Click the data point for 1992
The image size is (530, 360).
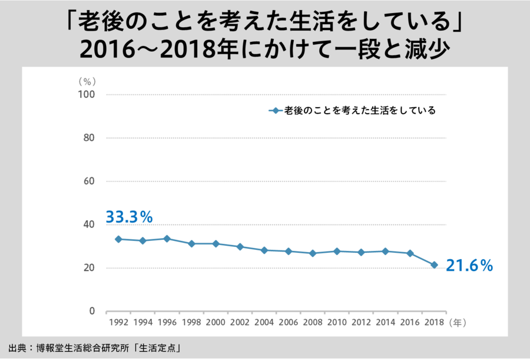(118, 239)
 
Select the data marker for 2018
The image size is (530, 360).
(434, 265)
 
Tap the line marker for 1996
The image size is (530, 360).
(167, 239)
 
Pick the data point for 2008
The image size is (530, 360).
(313, 253)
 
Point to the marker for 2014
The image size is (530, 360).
(385, 251)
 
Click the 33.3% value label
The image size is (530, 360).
(129, 217)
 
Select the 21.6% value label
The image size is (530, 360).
(469, 266)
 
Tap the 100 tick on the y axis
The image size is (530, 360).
(87, 94)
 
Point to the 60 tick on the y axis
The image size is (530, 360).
(89, 181)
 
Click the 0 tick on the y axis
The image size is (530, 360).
(92, 311)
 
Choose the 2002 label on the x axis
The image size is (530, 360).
(240, 323)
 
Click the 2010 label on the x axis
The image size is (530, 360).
(337, 323)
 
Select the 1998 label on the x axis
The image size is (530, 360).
(191, 323)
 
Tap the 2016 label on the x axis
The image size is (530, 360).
(410, 323)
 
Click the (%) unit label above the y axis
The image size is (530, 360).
(87, 81)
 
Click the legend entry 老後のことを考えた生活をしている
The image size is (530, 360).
(359, 110)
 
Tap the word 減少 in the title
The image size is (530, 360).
(430, 49)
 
